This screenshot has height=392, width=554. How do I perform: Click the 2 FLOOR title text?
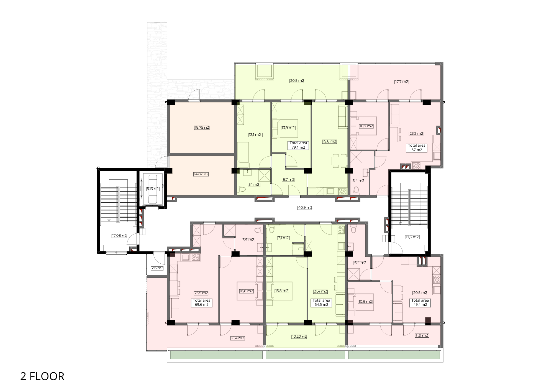click(x=42, y=376)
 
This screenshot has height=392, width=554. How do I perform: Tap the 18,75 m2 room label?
click(x=202, y=128)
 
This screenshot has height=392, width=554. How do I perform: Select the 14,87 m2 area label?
click(x=201, y=174)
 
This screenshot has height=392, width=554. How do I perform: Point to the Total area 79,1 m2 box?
click(x=298, y=145)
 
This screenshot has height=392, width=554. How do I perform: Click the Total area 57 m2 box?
click(x=417, y=148)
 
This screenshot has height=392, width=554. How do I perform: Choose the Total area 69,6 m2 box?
click(x=202, y=302)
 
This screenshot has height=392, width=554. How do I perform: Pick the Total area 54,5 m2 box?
click(x=321, y=302)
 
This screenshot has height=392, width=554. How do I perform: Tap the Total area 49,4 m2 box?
click(x=420, y=302)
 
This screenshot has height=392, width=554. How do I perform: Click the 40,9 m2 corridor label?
click(x=305, y=208)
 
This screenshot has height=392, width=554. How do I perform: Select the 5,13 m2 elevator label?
click(x=153, y=189)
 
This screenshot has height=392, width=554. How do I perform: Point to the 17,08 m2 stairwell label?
click(x=119, y=236)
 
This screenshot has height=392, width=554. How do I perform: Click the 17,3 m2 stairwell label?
click(x=412, y=237)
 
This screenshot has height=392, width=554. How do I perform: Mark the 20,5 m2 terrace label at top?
click(x=297, y=81)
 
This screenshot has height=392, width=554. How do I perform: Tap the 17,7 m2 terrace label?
click(x=402, y=82)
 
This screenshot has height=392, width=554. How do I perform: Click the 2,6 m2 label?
click(x=157, y=268)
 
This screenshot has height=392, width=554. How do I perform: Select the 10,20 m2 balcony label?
click(x=299, y=337)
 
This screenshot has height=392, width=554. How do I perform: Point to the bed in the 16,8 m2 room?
click(x=250, y=291)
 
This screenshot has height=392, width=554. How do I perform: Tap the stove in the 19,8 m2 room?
click(x=342, y=191)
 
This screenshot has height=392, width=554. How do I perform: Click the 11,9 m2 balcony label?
click(x=422, y=335)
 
